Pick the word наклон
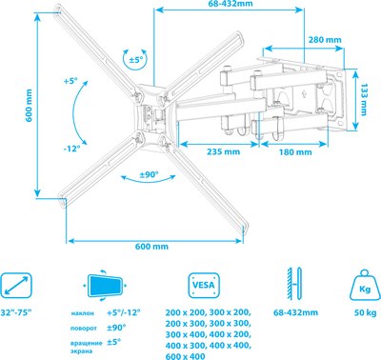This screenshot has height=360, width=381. pyautogui.click(x=84, y=313)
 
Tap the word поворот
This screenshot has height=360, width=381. pyautogui.click(x=83, y=327)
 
